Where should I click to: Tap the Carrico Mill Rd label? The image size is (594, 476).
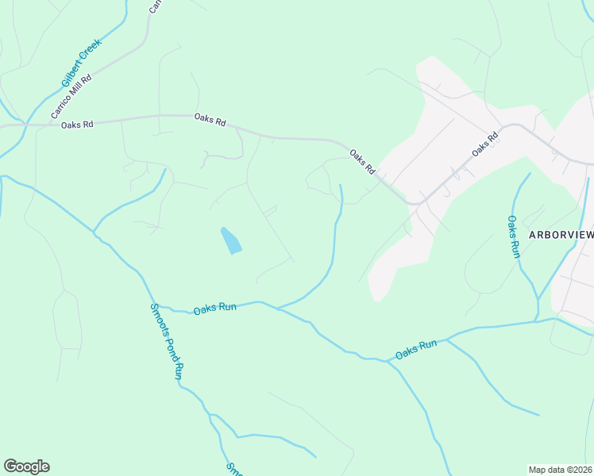coord(71,97)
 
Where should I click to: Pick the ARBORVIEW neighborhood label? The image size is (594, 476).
coord(561,235)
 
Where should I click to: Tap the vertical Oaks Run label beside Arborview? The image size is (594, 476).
coord(513,236)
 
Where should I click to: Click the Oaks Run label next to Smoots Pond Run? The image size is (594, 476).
coord(214,308)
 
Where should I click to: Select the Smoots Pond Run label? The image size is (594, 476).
coord(167,341)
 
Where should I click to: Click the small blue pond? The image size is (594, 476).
coord(230,240)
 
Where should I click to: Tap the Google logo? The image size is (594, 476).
coord(26,466)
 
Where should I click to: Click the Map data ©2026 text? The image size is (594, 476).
coord(561,470)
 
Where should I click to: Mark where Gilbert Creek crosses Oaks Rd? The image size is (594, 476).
coord(27,125)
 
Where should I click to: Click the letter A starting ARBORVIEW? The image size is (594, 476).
coord(533,235)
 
